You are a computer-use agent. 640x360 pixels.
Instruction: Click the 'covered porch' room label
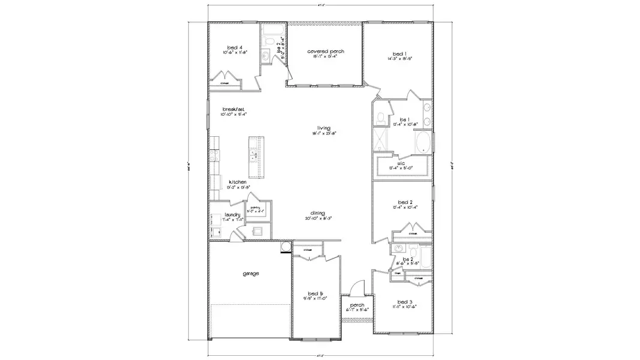coord(325,52)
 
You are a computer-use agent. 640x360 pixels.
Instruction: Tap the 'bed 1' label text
coord(399,53)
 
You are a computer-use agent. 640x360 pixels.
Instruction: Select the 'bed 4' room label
coord(235,47)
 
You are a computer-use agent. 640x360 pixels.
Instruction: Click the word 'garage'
coord(251,274)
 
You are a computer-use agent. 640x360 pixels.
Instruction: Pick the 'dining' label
coord(318,213)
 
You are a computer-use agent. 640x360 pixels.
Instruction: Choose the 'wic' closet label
coord(402,163)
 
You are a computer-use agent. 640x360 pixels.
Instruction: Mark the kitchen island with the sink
coord(254,157)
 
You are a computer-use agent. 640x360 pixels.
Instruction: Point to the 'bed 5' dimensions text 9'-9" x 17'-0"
coord(316,297)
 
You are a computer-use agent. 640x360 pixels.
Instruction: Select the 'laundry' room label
coord(233,215)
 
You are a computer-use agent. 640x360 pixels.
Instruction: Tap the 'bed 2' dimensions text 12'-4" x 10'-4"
coord(405,207)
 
